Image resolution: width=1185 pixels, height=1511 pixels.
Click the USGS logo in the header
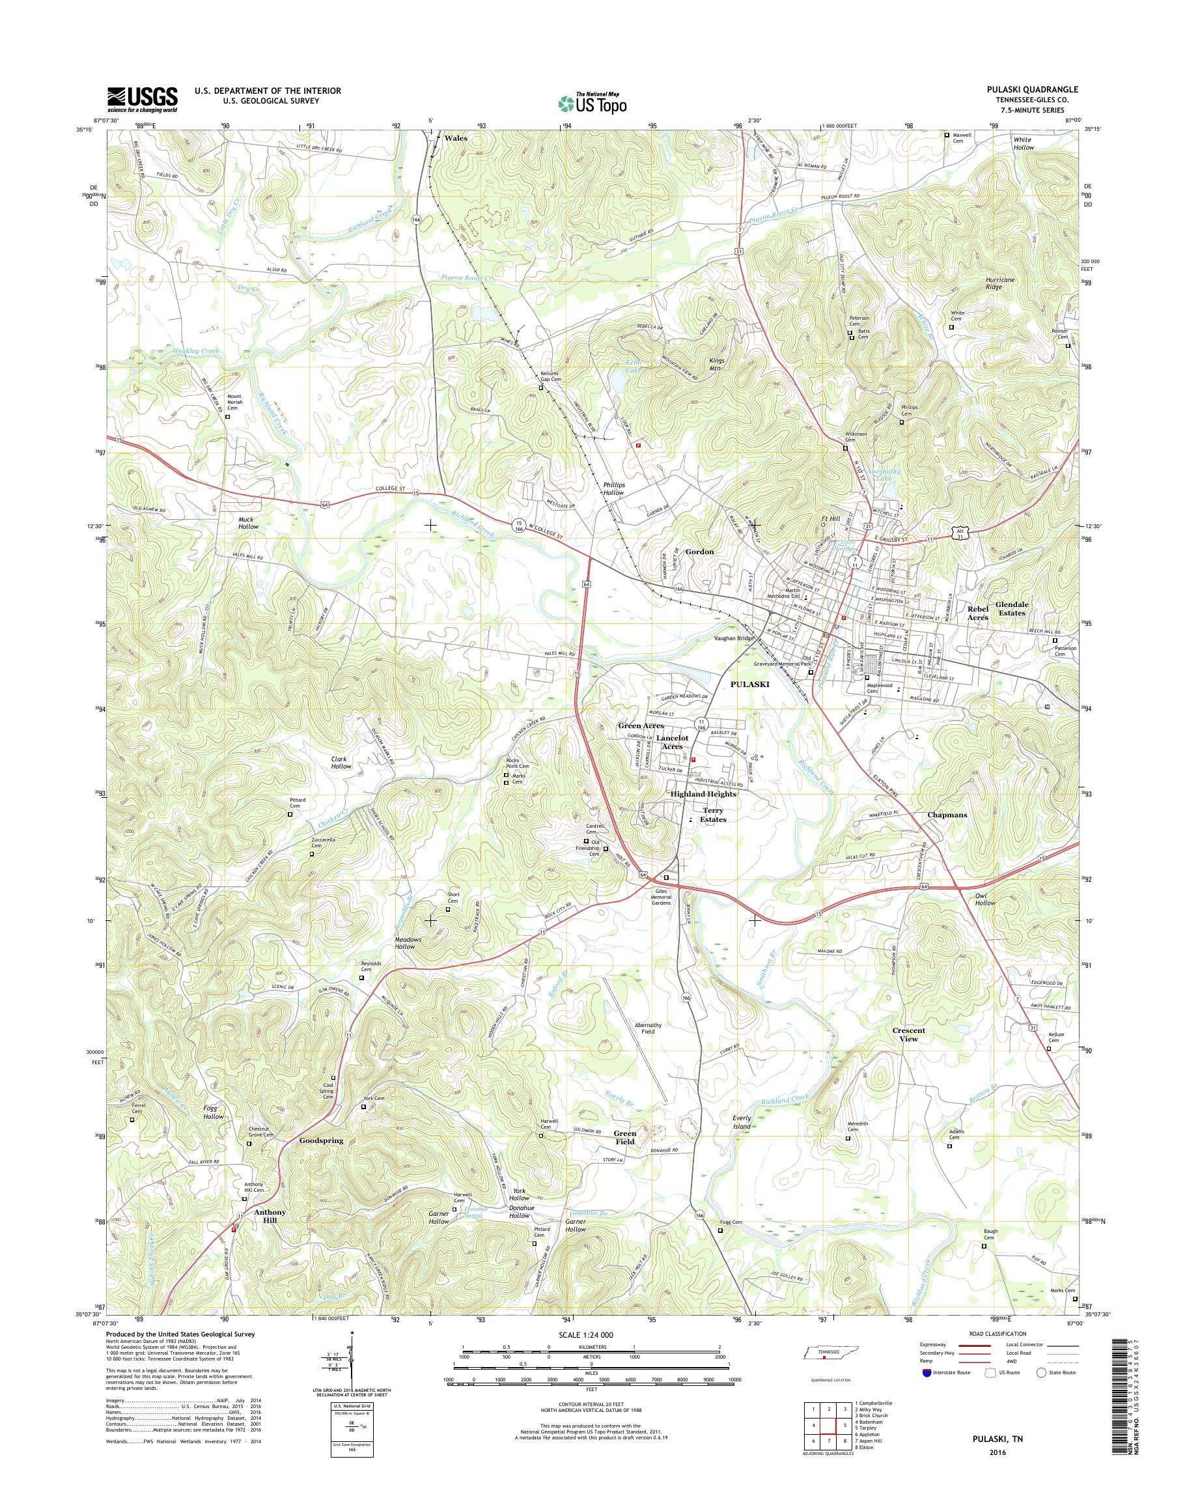(142, 99)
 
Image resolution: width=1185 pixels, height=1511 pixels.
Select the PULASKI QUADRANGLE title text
(1037, 89)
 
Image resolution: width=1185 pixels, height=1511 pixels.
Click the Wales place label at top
(456, 138)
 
